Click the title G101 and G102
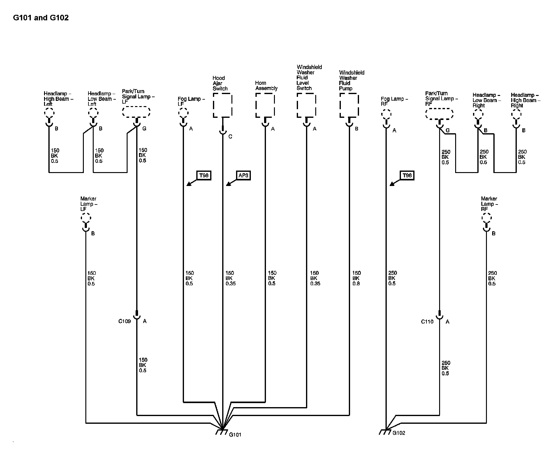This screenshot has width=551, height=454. [x=41, y=18]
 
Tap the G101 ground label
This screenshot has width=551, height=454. [x=235, y=435]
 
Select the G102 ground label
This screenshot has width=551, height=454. [x=399, y=433]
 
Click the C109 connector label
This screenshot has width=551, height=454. [x=124, y=321]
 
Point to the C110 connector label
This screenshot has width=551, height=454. [x=427, y=322]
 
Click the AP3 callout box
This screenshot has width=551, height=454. [x=243, y=175]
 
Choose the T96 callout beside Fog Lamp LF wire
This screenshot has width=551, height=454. [x=204, y=175]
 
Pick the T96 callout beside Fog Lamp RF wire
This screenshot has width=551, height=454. [x=407, y=175]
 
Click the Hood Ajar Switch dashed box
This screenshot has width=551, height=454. [x=222, y=105]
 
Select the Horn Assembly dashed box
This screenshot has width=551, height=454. [x=265, y=105]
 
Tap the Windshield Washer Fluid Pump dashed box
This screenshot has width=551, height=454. [x=349, y=105]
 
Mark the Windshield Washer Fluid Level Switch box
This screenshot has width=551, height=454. [x=306, y=105]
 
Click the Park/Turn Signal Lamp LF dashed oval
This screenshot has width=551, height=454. [x=136, y=112]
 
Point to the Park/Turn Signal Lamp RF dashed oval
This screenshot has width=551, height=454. [x=439, y=113]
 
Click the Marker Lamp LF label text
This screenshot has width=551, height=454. [x=88, y=204]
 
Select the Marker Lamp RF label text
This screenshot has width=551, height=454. [x=489, y=204]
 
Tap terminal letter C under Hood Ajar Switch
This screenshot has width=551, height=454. [x=230, y=137]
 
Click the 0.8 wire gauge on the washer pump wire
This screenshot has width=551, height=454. [x=356, y=284]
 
